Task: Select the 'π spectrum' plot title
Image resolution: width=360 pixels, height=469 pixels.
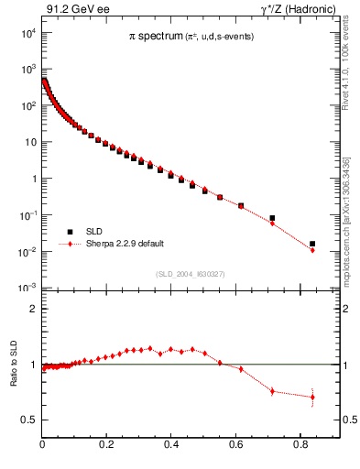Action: coord(157,36)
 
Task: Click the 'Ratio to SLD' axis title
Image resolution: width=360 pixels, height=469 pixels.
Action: coord(13,380)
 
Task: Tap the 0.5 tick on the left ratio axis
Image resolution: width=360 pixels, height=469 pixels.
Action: coord(29,420)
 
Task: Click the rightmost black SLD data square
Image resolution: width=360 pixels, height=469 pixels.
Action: coord(312,244)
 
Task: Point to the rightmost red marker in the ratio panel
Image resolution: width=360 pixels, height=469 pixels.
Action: coord(312,398)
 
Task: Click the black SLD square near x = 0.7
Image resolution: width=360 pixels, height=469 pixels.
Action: coord(272,218)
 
